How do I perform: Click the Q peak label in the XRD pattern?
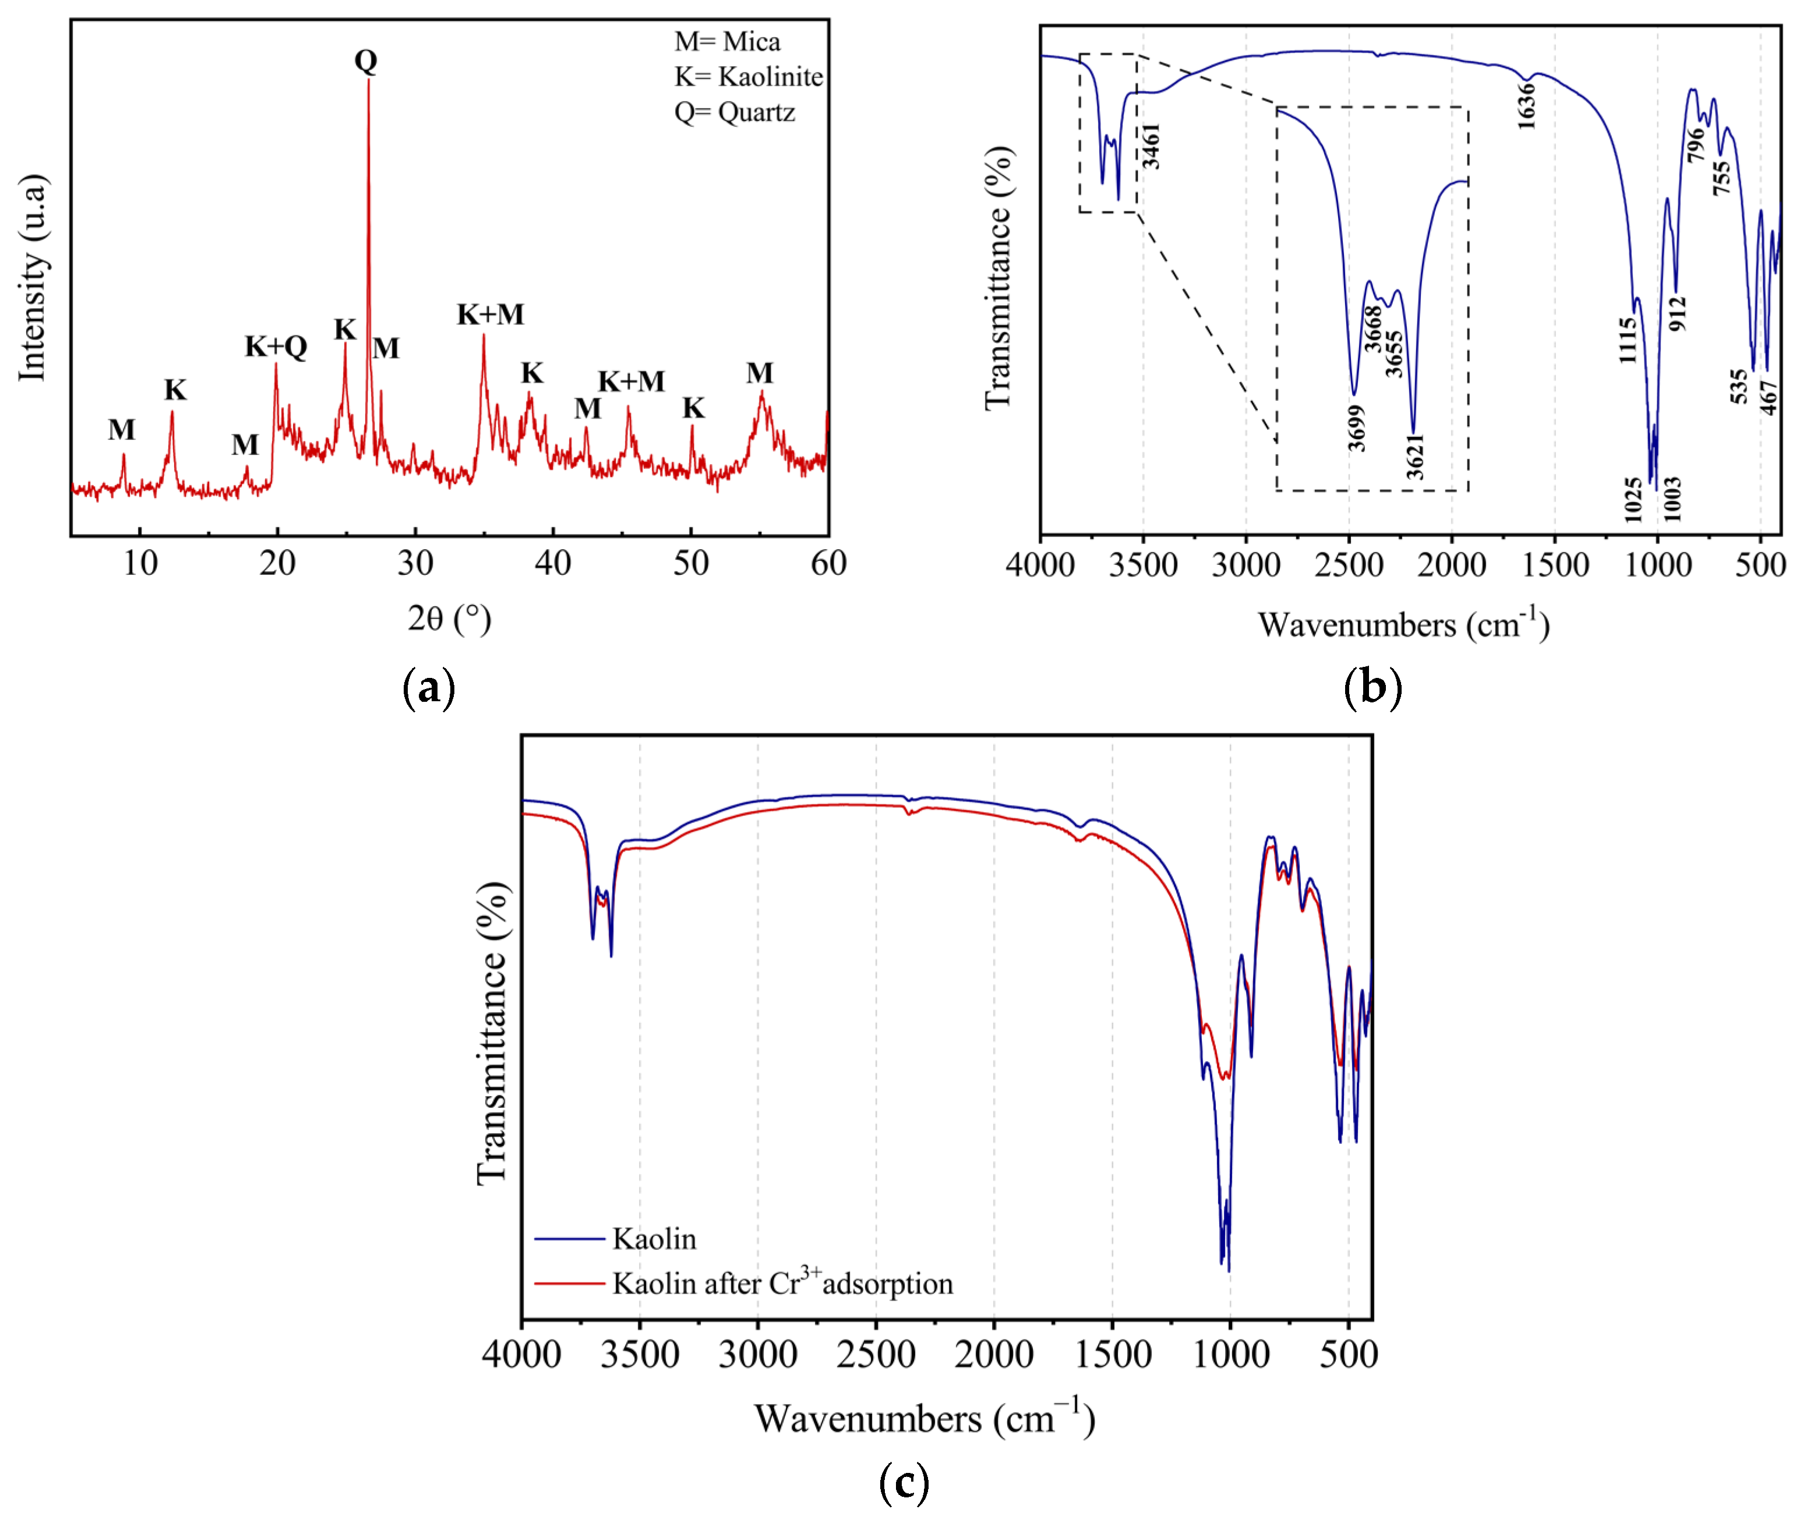(366, 61)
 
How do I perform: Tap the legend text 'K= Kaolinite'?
(749, 77)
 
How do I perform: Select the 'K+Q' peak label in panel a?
(276, 346)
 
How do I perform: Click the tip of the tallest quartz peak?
(369, 80)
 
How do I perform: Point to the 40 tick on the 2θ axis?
(553, 563)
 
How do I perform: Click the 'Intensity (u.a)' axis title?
(32, 277)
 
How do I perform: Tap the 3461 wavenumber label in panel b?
(1150, 146)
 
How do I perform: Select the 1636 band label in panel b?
(1527, 106)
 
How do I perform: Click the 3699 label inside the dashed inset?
(1357, 428)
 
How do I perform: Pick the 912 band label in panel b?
(1677, 313)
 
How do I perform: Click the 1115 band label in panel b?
(1627, 340)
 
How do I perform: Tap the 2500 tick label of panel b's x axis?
(1349, 566)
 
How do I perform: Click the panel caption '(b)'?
(1372, 688)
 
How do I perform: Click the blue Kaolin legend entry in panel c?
(654, 1239)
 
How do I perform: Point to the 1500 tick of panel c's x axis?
(1112, 1354)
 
